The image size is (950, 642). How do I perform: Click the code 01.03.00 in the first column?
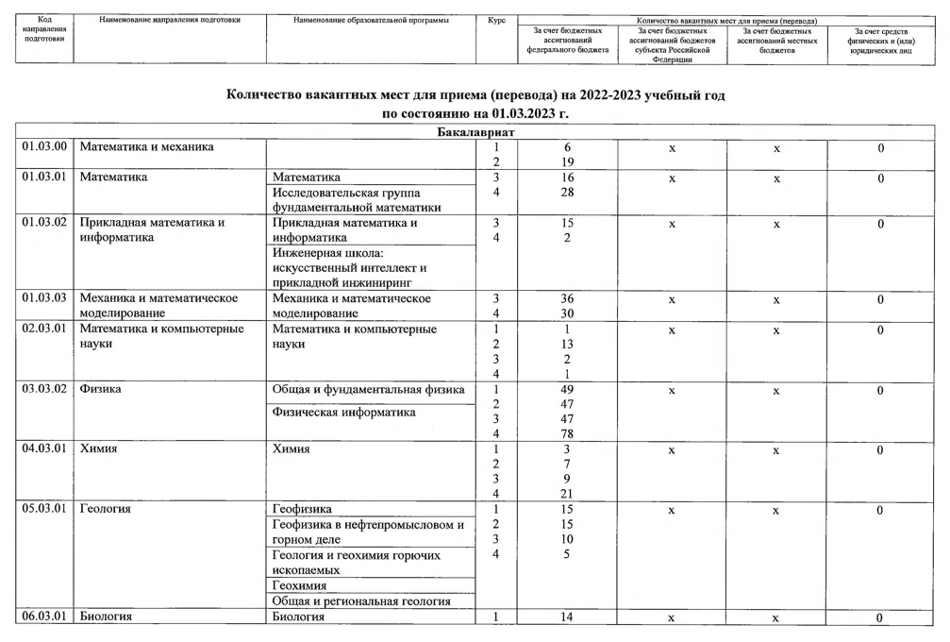point(45,147)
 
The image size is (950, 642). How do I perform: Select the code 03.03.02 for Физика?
point(45,389)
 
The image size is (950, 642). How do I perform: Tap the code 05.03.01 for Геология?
point(45,510)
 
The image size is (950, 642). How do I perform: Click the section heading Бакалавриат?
point(475,132)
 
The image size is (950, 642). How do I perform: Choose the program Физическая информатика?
point(343,413)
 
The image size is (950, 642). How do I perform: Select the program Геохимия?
point(299,586)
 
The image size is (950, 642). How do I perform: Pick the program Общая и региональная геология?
point(360,601)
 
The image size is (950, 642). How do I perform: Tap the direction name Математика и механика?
point(146,147)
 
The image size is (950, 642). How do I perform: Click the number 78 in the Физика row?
point(567,434)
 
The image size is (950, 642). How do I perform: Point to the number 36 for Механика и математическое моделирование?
point(567,299)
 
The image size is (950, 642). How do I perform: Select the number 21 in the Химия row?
point(567,495)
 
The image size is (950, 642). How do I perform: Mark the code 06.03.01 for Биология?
point(45,617)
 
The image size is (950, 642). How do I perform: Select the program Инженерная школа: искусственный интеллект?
point(349,267)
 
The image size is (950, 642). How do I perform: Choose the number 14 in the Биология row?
point(567,617)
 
